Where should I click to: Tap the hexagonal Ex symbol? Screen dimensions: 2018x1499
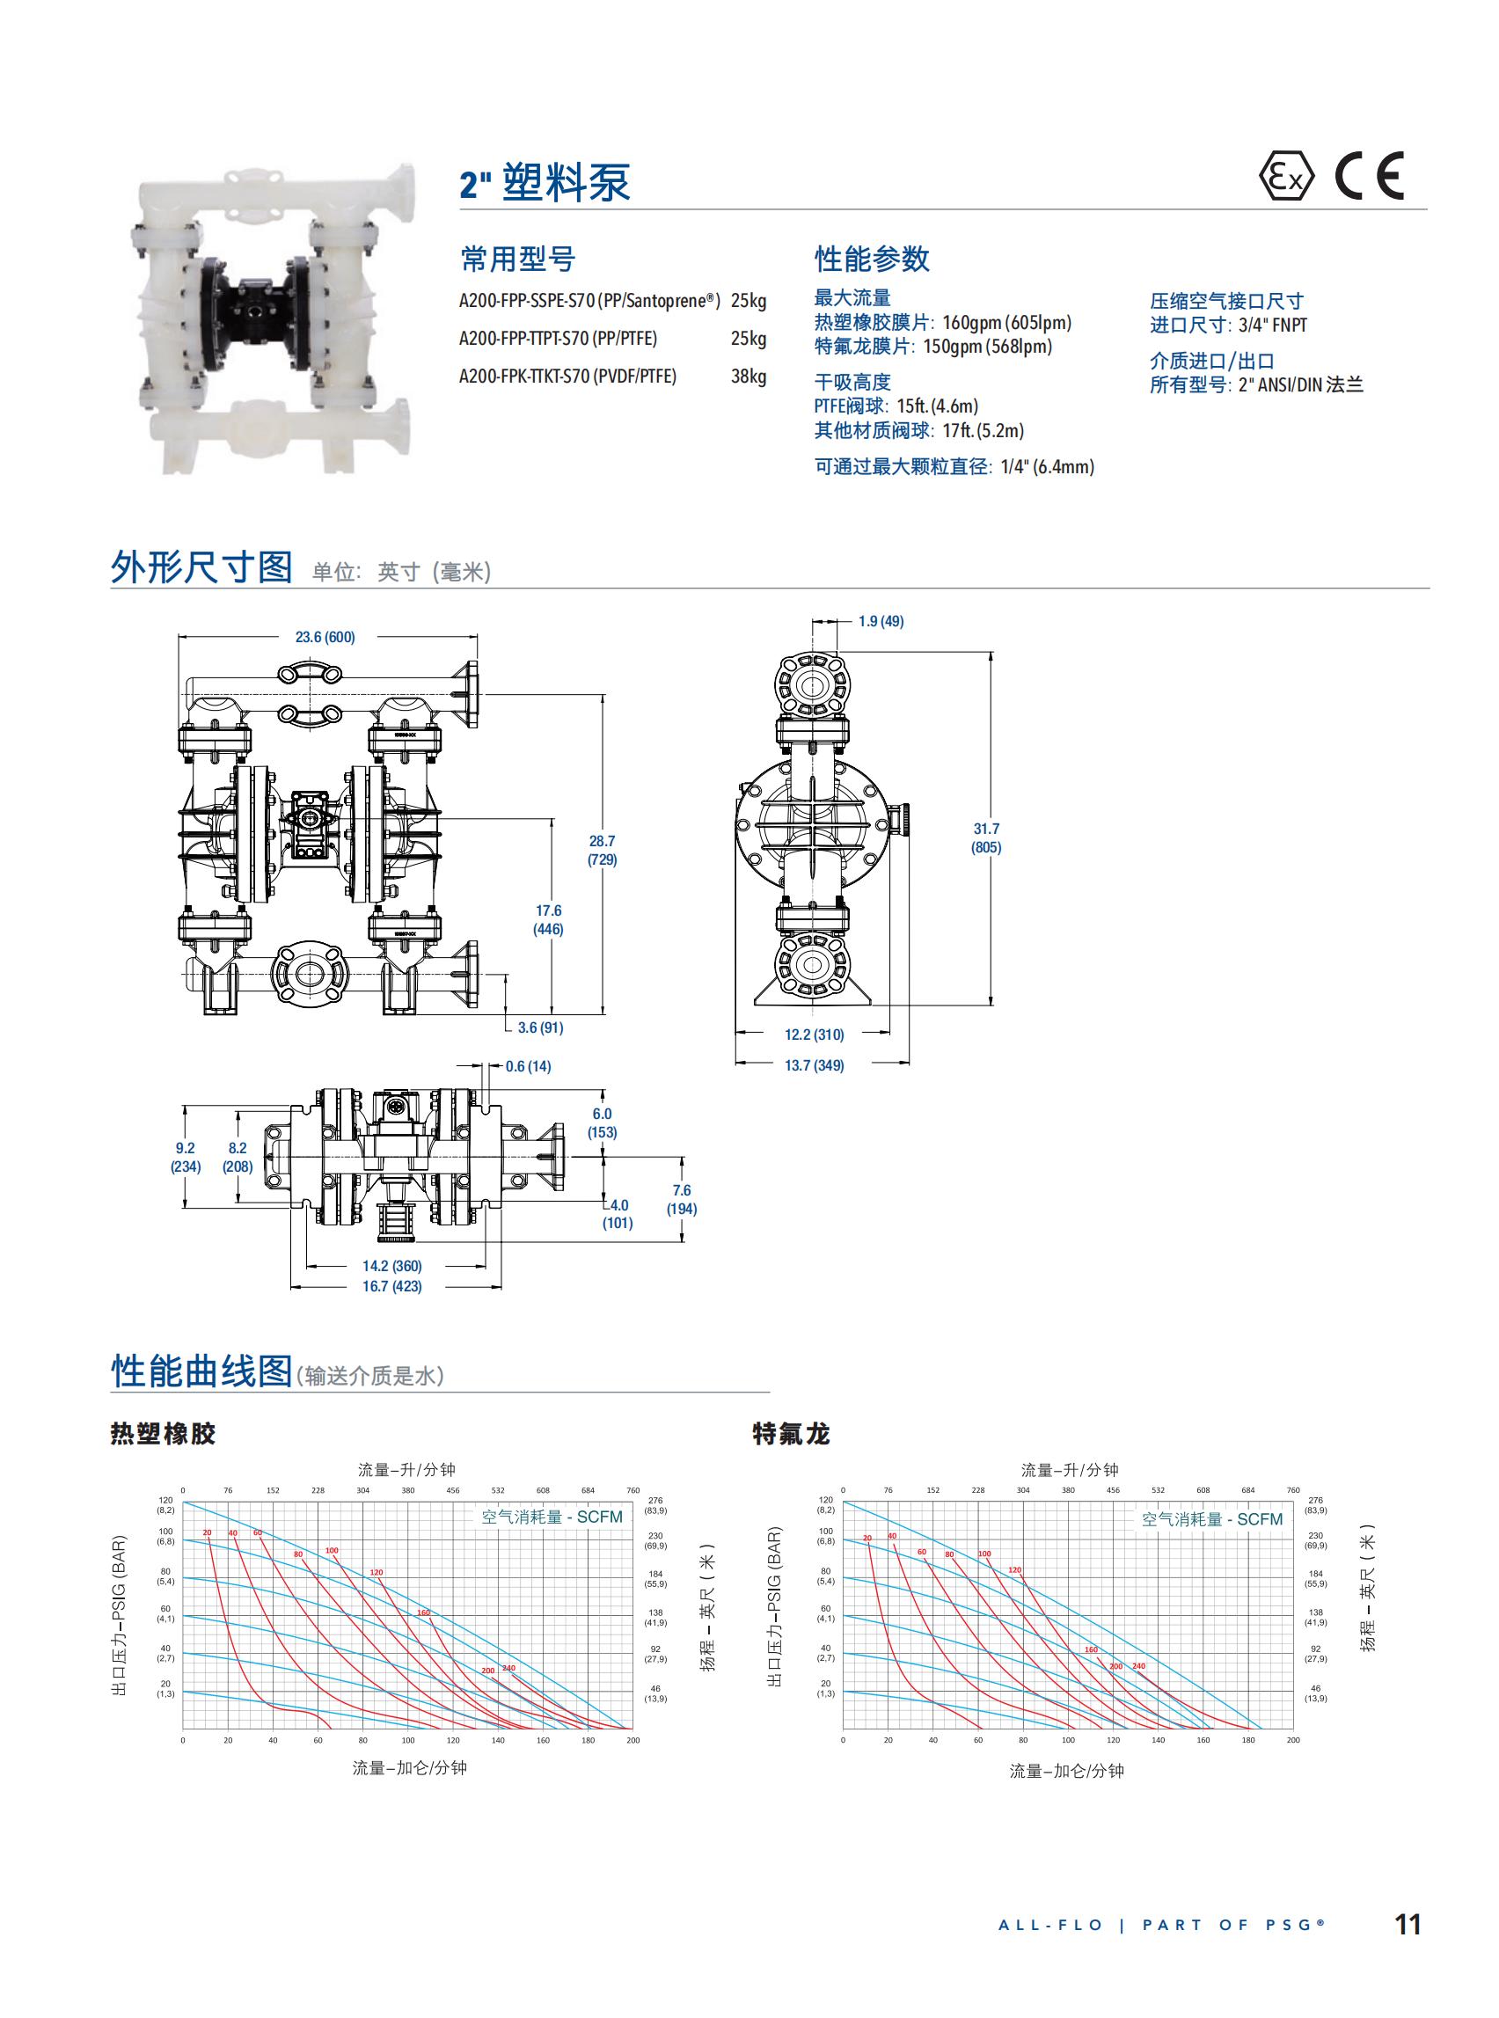1286,177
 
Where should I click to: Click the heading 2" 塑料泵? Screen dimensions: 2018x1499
545,183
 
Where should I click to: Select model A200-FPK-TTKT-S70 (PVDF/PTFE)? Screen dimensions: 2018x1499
567,377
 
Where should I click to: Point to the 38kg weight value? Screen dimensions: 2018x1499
748,377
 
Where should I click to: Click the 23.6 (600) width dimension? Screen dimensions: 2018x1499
325,637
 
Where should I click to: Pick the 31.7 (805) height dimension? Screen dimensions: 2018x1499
986,838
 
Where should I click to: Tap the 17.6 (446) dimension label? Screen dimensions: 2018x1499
548,919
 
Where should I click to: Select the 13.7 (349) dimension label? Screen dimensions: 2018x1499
814,1065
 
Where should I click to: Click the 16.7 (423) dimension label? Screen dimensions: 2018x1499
392,1286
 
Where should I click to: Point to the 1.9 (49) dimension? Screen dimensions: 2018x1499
881,622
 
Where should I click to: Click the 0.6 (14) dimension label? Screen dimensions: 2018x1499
528,1066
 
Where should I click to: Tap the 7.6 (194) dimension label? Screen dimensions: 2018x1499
682,1199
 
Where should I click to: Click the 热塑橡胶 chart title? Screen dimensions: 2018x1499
164,1435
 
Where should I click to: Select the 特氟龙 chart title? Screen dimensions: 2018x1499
791,1435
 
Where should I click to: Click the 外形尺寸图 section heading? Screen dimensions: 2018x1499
201,567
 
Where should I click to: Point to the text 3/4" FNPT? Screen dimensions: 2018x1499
1272,325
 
